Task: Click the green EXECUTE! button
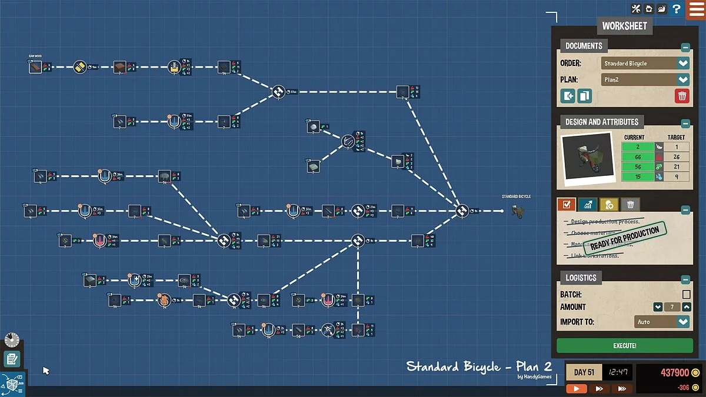pyautogui.click(x=624, y=346)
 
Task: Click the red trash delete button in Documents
pyautogui.click(x=682, y=96)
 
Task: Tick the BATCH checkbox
pyautogui.click(x=686, y=294)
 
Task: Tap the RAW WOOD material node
pyautogui.click(x=35, y=67)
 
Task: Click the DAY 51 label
pyautogui.click(x=584, y=372)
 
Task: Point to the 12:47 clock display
pyautogui.click(x=617, y=372)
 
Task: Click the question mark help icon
pyautogui.click(x=677, y=9)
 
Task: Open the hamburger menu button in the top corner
pyautogui.click(x=696, y=9)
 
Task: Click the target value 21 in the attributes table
pyautogui.click(x=676, y=166)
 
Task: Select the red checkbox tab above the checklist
pyautogui.click(x=567, y=205)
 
